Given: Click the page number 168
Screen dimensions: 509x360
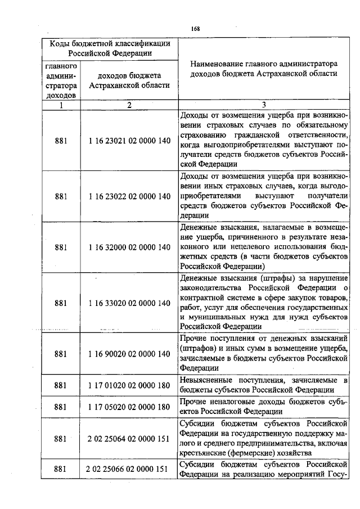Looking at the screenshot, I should click(195, 29).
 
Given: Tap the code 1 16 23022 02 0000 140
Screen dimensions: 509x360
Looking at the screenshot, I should click(129, 196).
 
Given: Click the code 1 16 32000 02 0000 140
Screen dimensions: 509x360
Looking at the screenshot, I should click(129, 247).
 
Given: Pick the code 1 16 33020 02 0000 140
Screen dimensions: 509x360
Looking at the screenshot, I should click(129, 303).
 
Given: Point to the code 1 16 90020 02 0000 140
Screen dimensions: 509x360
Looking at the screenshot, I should click(129, 354).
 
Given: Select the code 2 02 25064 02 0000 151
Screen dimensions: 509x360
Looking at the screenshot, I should click(129, 438).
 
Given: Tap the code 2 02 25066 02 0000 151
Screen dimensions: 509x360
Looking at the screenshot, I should click(129, 469).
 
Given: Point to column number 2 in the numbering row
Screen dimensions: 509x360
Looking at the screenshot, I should click(129, 105).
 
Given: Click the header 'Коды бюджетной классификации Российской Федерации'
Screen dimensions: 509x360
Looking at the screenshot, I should click(110, 48).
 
